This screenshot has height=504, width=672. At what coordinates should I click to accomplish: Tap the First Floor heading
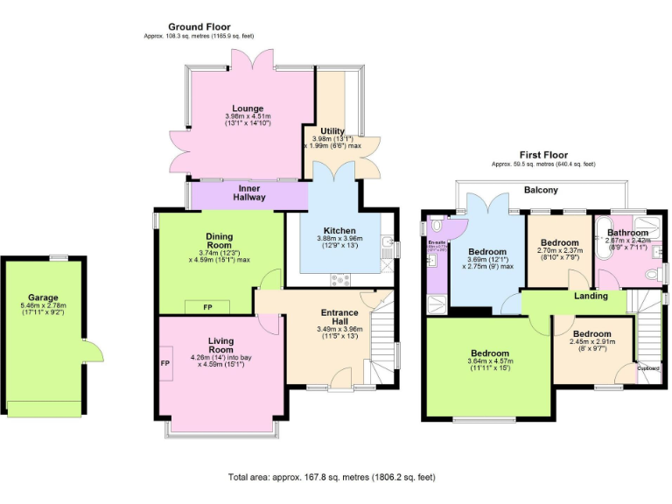pyautogui.click(x=542, y=155)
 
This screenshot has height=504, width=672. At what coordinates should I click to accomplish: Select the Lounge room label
pyautogui.click(x=248, y=108)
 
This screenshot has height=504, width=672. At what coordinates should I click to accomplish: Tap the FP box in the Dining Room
pyautogui.click(x=207, y=307)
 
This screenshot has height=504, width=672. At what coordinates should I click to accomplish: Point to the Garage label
pyautogui.click(x=43, y=297)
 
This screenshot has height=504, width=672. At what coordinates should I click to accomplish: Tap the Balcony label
pyautogui.click(x=540, y=190)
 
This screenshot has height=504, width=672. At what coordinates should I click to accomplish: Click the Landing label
pyautogui.click(x=591, y=296)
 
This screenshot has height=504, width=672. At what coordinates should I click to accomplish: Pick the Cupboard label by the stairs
pyautogui.click(x=647, y=368)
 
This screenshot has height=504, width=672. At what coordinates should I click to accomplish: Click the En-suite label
pyautogui.click(x=437, y=241)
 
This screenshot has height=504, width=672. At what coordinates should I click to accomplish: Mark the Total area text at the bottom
pyautogui.click(x=332, y=478)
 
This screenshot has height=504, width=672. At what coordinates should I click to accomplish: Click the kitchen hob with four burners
pyautogui.click(x=339, y=279)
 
